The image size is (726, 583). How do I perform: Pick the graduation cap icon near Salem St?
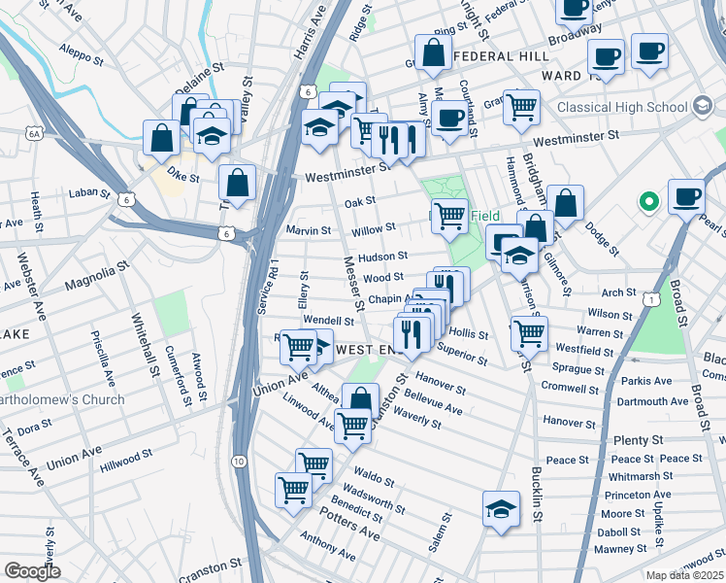point(501,508)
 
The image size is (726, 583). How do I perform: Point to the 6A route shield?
point(35,132)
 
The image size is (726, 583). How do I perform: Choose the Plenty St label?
point(637,440)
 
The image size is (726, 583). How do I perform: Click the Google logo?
point(32,570)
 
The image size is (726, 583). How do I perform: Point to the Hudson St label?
point(382,257)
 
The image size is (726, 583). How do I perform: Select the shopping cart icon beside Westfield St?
point(529,333)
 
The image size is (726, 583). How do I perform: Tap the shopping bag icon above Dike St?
point(159,137)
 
